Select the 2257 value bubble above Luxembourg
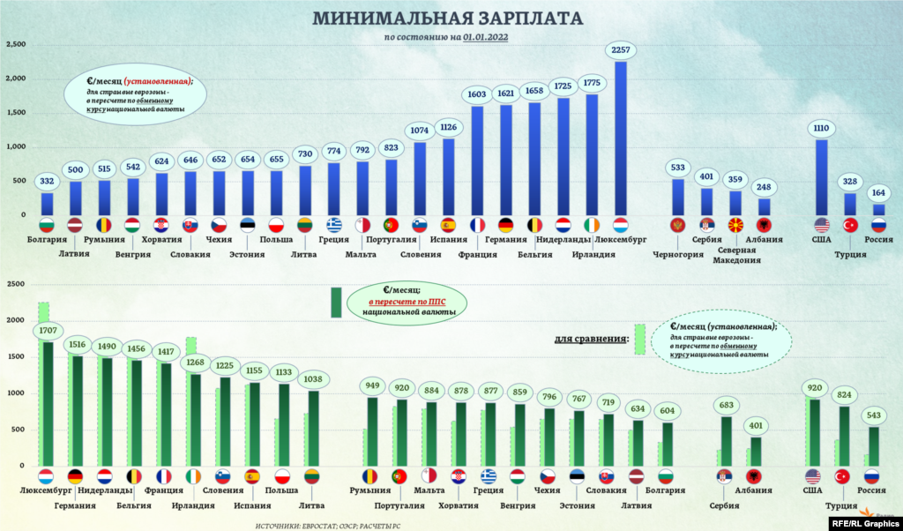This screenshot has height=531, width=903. click(x=621, y=49)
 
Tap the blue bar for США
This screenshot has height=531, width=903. click(x=821, y=176)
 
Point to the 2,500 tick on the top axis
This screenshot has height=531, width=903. click(x=18, y=44)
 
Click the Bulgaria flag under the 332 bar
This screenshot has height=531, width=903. click(x=48, y=224)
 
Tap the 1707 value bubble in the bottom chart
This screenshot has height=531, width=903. click(x=48, y=331)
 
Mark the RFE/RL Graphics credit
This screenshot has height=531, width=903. click(x=865, y=522)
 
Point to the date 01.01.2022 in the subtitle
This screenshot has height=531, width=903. click(x=485, y=37)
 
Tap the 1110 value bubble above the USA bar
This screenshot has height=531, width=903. click(x=821, y=129)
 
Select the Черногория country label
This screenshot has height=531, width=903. click(x=677, y=255)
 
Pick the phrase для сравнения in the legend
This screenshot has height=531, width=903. click(x=591, y=338)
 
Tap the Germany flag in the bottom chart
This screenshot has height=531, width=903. click(x=75, y=476)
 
